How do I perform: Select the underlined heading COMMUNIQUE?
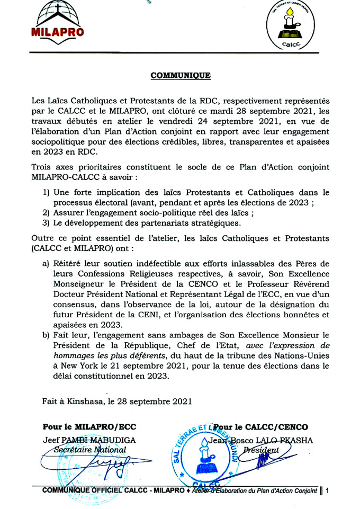(x=181, y=76)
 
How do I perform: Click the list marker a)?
(x=46, y=263)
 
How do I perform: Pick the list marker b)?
(x=46, y=335)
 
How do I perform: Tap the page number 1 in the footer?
(x=328, y=490)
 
